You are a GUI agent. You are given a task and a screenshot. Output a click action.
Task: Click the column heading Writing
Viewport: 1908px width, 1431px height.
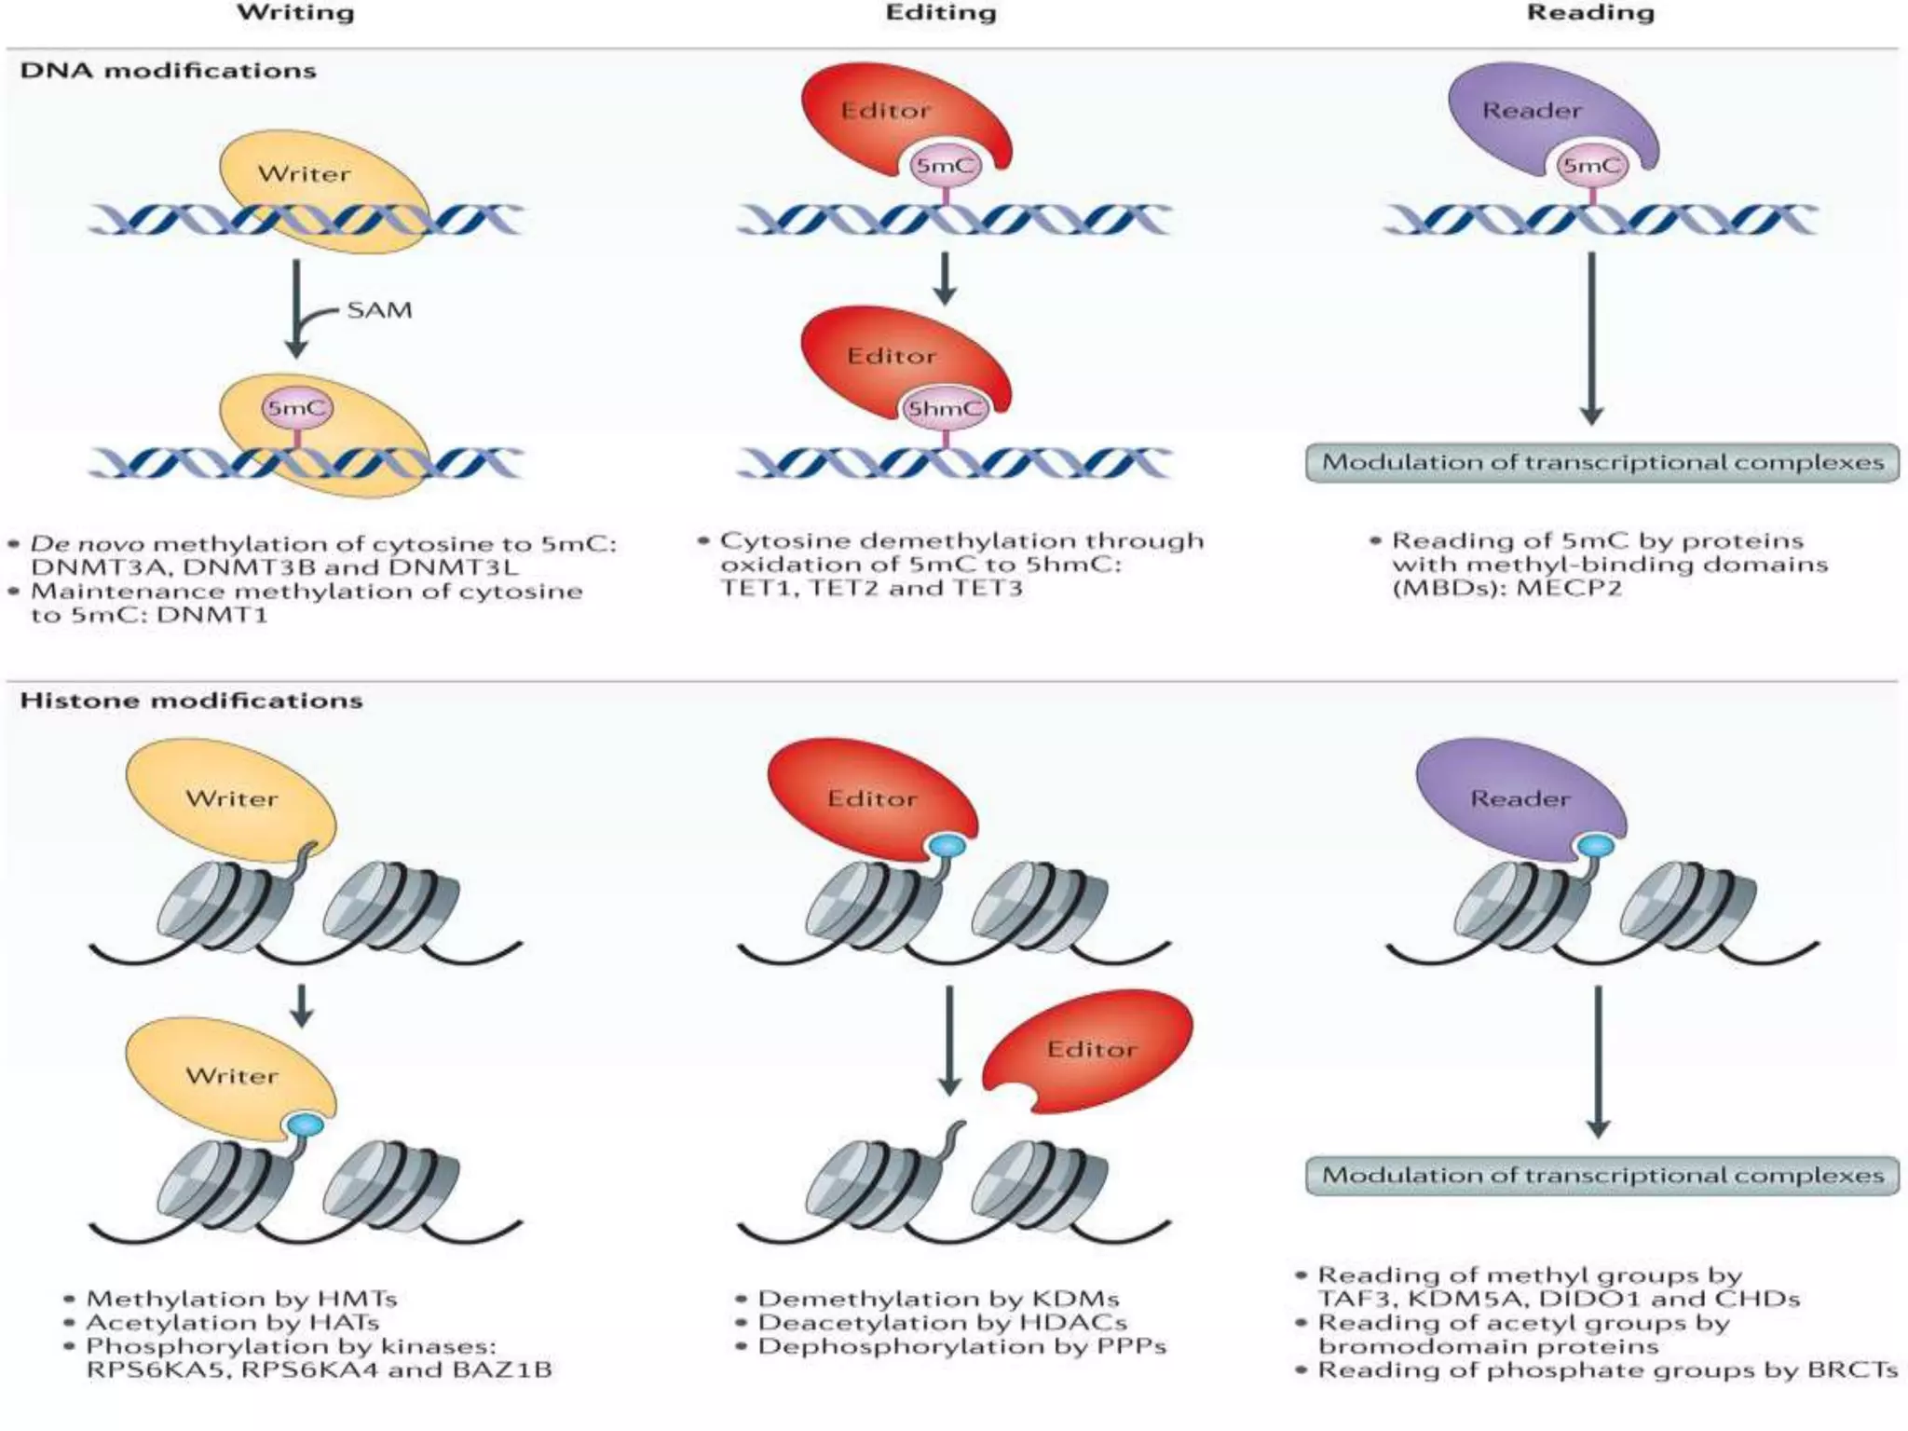[295, 13]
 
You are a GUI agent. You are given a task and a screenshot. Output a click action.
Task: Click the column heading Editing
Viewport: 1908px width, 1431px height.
[940, 13]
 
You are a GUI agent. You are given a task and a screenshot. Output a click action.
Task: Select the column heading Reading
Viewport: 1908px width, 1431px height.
[1590, 13]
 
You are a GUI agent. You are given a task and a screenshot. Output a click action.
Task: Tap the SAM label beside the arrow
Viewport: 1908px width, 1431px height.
[379, 310]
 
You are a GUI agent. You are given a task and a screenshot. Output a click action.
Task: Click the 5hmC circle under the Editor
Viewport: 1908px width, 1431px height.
[946, 409]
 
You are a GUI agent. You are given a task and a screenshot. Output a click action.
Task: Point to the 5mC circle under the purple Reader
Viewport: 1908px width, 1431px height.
[1591, 167]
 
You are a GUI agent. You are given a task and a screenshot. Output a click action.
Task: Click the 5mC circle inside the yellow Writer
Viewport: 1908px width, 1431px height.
[296, 408]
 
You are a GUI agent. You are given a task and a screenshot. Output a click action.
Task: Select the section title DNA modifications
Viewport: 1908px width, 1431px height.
[168, 71]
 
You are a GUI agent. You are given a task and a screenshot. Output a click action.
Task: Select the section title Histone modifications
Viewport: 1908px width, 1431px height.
[191, 701]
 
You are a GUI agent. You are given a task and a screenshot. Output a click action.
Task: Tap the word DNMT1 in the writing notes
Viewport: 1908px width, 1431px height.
[212, 615]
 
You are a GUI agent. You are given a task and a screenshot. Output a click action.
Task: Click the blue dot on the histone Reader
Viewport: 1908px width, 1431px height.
[1596, 846]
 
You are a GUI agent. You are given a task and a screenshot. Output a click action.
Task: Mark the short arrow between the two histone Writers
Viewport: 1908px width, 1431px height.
[301, 1006]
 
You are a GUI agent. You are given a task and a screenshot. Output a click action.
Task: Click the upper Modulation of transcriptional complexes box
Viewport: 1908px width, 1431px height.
[1602, 463]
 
